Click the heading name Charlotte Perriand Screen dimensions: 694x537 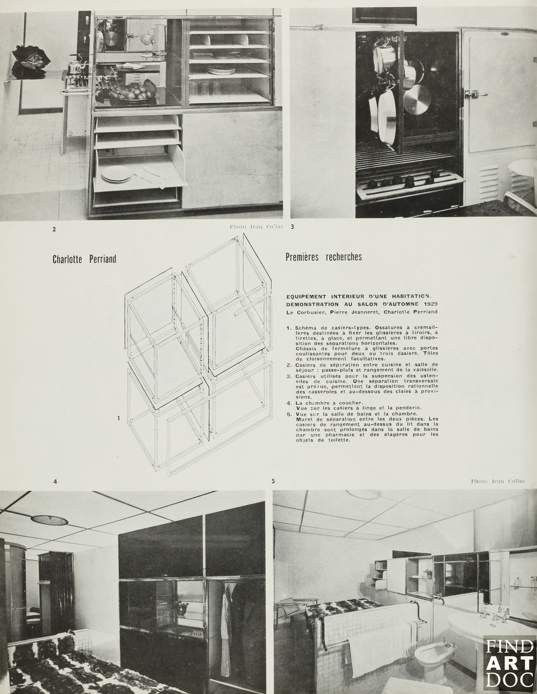click(84, 259)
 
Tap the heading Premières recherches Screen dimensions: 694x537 click(324, 257)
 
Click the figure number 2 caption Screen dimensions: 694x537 click(54, 229)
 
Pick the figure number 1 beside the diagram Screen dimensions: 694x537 click(118, 418)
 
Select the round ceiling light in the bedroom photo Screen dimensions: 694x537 click(49, 520)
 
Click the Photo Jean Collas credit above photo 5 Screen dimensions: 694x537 click(498, 481)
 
